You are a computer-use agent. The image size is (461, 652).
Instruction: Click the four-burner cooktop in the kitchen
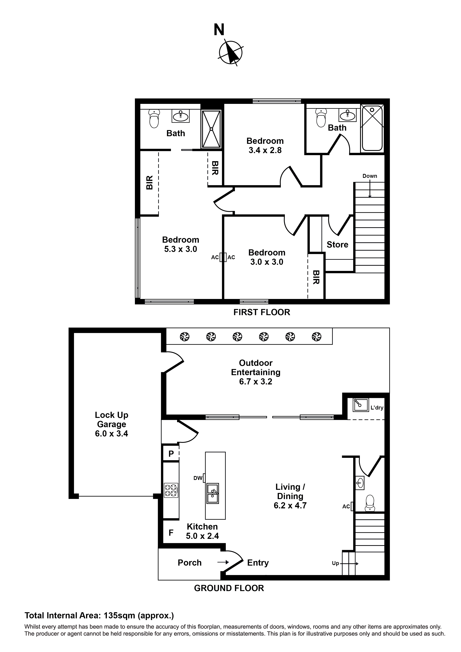171,490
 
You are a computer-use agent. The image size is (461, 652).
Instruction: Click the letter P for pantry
171,454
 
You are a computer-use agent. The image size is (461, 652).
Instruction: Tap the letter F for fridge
171,533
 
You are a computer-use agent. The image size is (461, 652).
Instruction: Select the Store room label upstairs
337,245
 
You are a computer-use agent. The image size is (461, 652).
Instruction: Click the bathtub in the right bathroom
372,128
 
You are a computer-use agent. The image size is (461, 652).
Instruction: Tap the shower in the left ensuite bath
211,129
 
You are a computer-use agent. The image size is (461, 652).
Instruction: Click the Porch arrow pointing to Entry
223,562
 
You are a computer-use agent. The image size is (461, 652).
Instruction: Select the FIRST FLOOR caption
262,312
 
